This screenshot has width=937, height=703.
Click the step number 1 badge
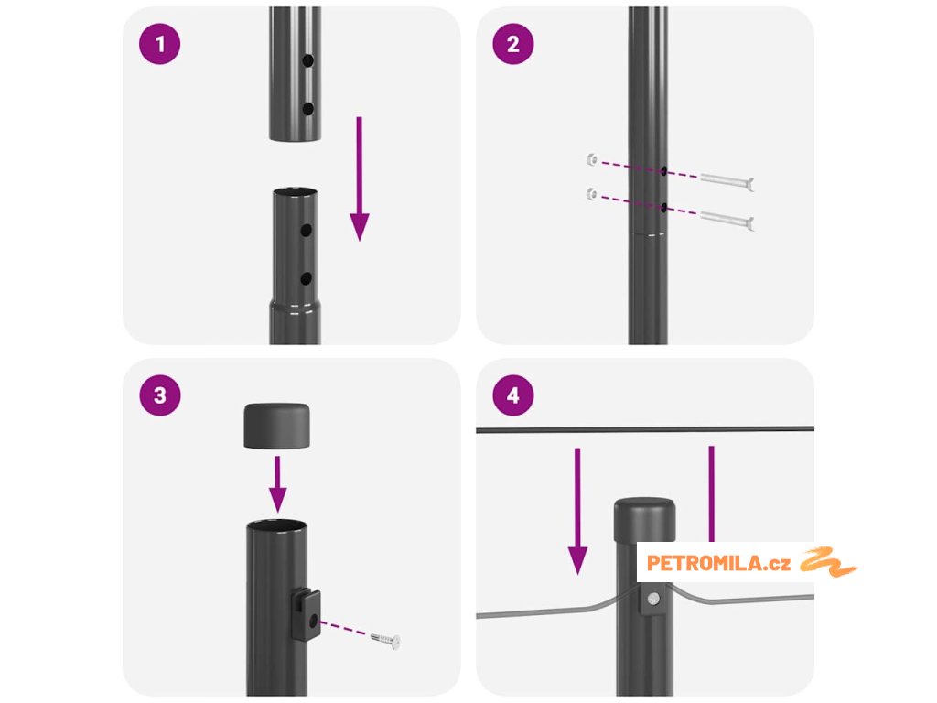(x=159, y=44)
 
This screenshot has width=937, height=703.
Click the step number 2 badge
(x=512, y=44)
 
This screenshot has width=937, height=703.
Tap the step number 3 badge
(x=159, y=395)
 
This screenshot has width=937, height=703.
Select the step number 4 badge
(x=512, y=395)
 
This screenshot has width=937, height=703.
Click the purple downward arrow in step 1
(x=359, y=178)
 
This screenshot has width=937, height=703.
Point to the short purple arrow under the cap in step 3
(x=277, y=484)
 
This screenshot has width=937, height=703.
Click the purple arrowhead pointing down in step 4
(x=577, y=561)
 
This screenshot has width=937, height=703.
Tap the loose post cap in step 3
(x=276, y=426)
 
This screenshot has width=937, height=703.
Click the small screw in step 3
(x=385, y=640)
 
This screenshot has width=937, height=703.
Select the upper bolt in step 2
(x=727, y=180)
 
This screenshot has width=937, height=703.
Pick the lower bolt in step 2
(x=727, y=220)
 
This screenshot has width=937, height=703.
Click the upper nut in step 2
(x=592, y=159)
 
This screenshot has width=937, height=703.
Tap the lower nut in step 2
(x=592, y=194)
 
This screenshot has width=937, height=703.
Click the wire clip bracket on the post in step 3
(x=307, y=614)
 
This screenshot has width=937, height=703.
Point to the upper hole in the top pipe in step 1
(x=307, y=60)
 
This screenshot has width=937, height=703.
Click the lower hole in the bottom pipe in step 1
(x=306, y=278)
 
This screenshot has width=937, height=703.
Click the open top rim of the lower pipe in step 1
(x=295, y=192)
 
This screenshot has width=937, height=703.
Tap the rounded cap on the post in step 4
(x=645, y=519)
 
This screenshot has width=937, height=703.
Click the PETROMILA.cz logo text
(x=718, y=563)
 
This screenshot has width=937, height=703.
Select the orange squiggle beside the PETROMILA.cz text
(x=829, y=562)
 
